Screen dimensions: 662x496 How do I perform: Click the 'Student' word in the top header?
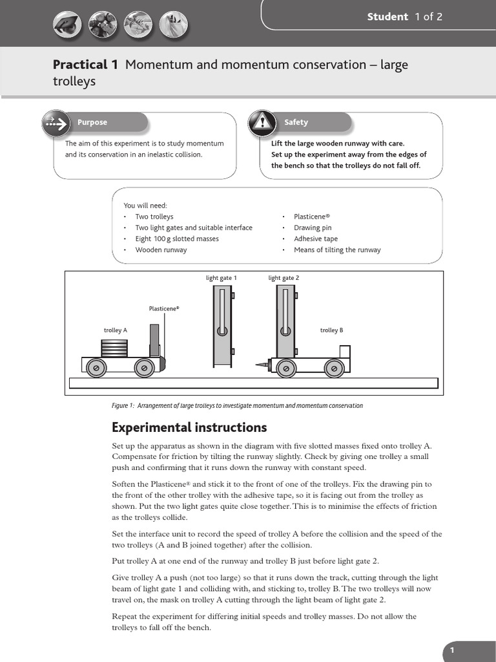pyautogui.click(x=387, y=17)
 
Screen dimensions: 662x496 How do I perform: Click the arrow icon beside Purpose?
pyautogui.click(x=56, y=122)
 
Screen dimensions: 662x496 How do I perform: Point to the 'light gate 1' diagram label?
pyautogui.click(x=222, y=278)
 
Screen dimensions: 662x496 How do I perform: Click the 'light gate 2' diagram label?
pyautogui.click(x=284, y=278)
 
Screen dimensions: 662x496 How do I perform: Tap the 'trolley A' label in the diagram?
pyautogui.click(x=116, y=330)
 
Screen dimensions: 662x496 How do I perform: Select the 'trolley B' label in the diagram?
pyautogui.click(x=331, y=330)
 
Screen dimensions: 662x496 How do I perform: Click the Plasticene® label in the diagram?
pyautogui.click(x=164, y=309)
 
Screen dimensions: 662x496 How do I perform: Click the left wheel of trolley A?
pyautogui.click(x=96, y=367)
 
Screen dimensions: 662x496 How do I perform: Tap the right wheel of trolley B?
pyautogui.click(x=333, y=368)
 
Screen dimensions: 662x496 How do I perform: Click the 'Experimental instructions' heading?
pyautogui.click(x=189, y=427)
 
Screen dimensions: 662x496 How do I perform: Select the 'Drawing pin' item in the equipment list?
pyautogui.click(x=313, y=228)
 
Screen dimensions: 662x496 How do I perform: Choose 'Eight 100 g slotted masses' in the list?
pyautogui.click(x=177, y=239)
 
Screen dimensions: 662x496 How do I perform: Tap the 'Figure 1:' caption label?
pyautogui.click(x=122, y=406)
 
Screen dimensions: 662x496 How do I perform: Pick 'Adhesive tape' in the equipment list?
pyautogui.click(x=316, y=239)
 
